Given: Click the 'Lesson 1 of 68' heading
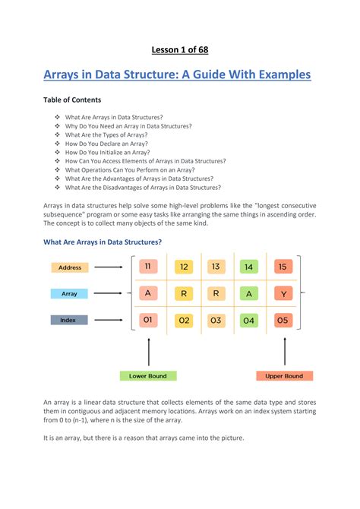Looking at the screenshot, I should pos(179,50).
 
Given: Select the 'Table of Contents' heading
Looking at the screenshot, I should pos(71,100).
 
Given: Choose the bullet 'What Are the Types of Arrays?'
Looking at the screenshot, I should pos(112,134).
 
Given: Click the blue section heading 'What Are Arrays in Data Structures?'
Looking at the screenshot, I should pos(102,242).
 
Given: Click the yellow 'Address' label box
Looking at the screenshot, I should pos(70,267).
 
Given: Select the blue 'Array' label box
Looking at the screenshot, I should pos(69,293).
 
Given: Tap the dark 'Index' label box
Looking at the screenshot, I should pos(69,320).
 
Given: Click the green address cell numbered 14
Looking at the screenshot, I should pos(248,267).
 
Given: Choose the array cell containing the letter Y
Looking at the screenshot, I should pos(283,293).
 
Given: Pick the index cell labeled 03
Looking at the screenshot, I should pos(216,321).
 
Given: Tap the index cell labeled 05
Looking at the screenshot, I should pos(283,321).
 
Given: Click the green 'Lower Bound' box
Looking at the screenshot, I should pos(148,375).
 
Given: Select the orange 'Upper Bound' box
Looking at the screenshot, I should pos(284,375).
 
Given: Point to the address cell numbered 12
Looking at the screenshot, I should pos(183,267).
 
